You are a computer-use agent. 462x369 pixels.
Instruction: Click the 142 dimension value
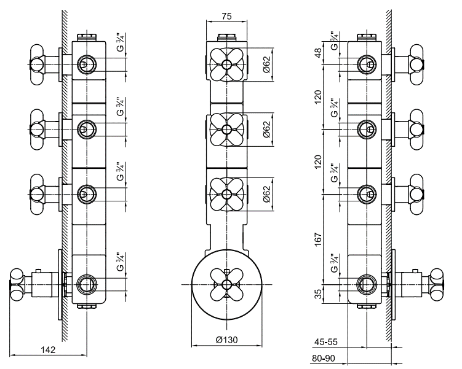[x=49, y=349]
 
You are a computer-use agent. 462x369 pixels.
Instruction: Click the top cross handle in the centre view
[x=226, y=64]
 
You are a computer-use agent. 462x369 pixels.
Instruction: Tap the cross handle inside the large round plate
[x=226, y=283]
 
